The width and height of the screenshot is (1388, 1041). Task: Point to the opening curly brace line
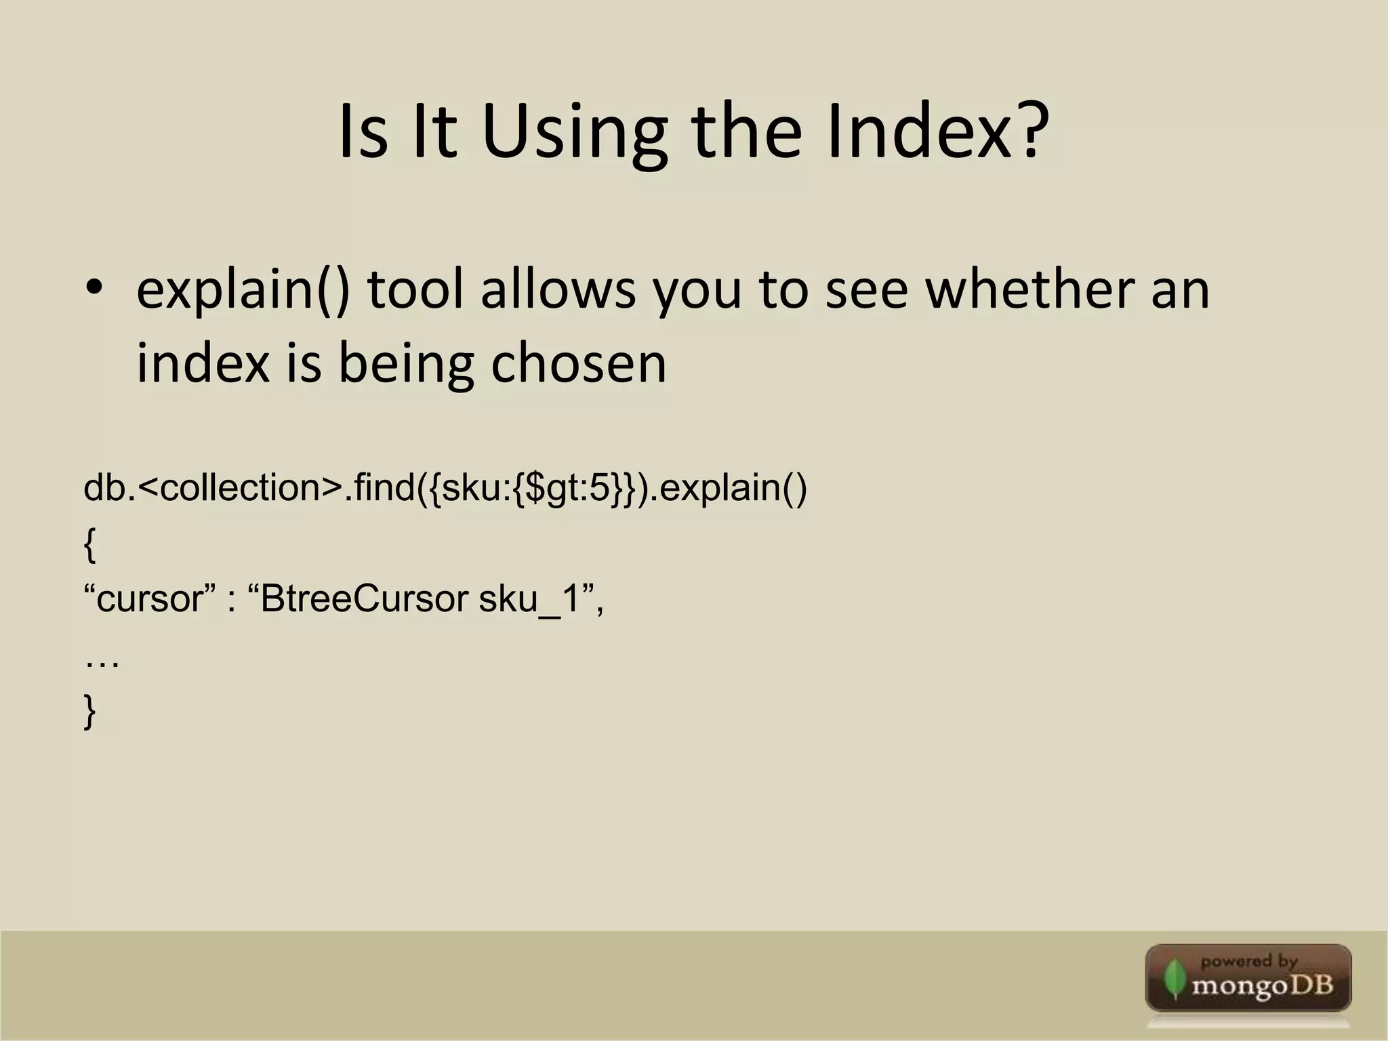(89, 545)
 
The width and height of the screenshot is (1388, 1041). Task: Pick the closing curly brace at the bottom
(89, 712)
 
